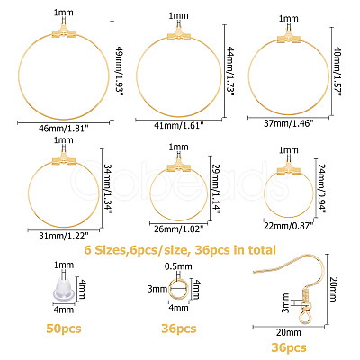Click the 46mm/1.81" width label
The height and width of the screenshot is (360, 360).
[64, 129]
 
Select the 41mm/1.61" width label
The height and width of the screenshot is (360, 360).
[179, 126]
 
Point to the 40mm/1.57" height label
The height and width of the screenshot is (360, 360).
[337, 71]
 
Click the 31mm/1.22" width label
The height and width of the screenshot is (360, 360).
[64, 236]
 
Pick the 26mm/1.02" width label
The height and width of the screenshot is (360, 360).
[179, 229]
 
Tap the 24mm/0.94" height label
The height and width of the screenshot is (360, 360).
[322, 188]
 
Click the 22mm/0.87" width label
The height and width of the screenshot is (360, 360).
[289, 226]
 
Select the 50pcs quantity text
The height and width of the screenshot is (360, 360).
[64, 328]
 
